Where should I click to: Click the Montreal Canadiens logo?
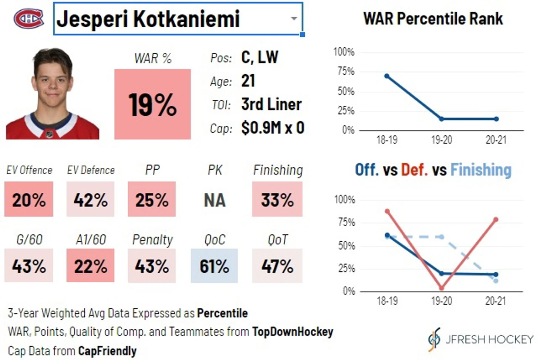coord(28,18)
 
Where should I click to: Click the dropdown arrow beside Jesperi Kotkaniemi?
coord(294,18)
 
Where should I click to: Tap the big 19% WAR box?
coord(152,104)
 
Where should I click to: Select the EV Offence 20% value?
coord(29,200)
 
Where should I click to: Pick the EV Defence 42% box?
coord(91,200)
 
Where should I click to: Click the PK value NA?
coord(215,200)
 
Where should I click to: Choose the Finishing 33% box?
coord(277,200)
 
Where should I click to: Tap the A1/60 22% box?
coord(91,266)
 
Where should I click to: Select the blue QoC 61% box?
coord(214,266)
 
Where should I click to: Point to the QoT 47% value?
coord(277,266)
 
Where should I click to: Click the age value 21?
coord(248,81)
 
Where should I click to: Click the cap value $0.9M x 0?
coord(273,128)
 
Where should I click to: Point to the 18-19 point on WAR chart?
coord(387,76)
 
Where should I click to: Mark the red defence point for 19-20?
coord(442,288)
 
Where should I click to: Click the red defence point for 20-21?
coord(496,220)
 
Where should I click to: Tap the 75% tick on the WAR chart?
coord(346,71)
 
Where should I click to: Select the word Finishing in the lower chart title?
coord(481,170)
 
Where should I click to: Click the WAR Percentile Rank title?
coord(433,18)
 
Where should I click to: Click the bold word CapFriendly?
coord(107,351)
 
